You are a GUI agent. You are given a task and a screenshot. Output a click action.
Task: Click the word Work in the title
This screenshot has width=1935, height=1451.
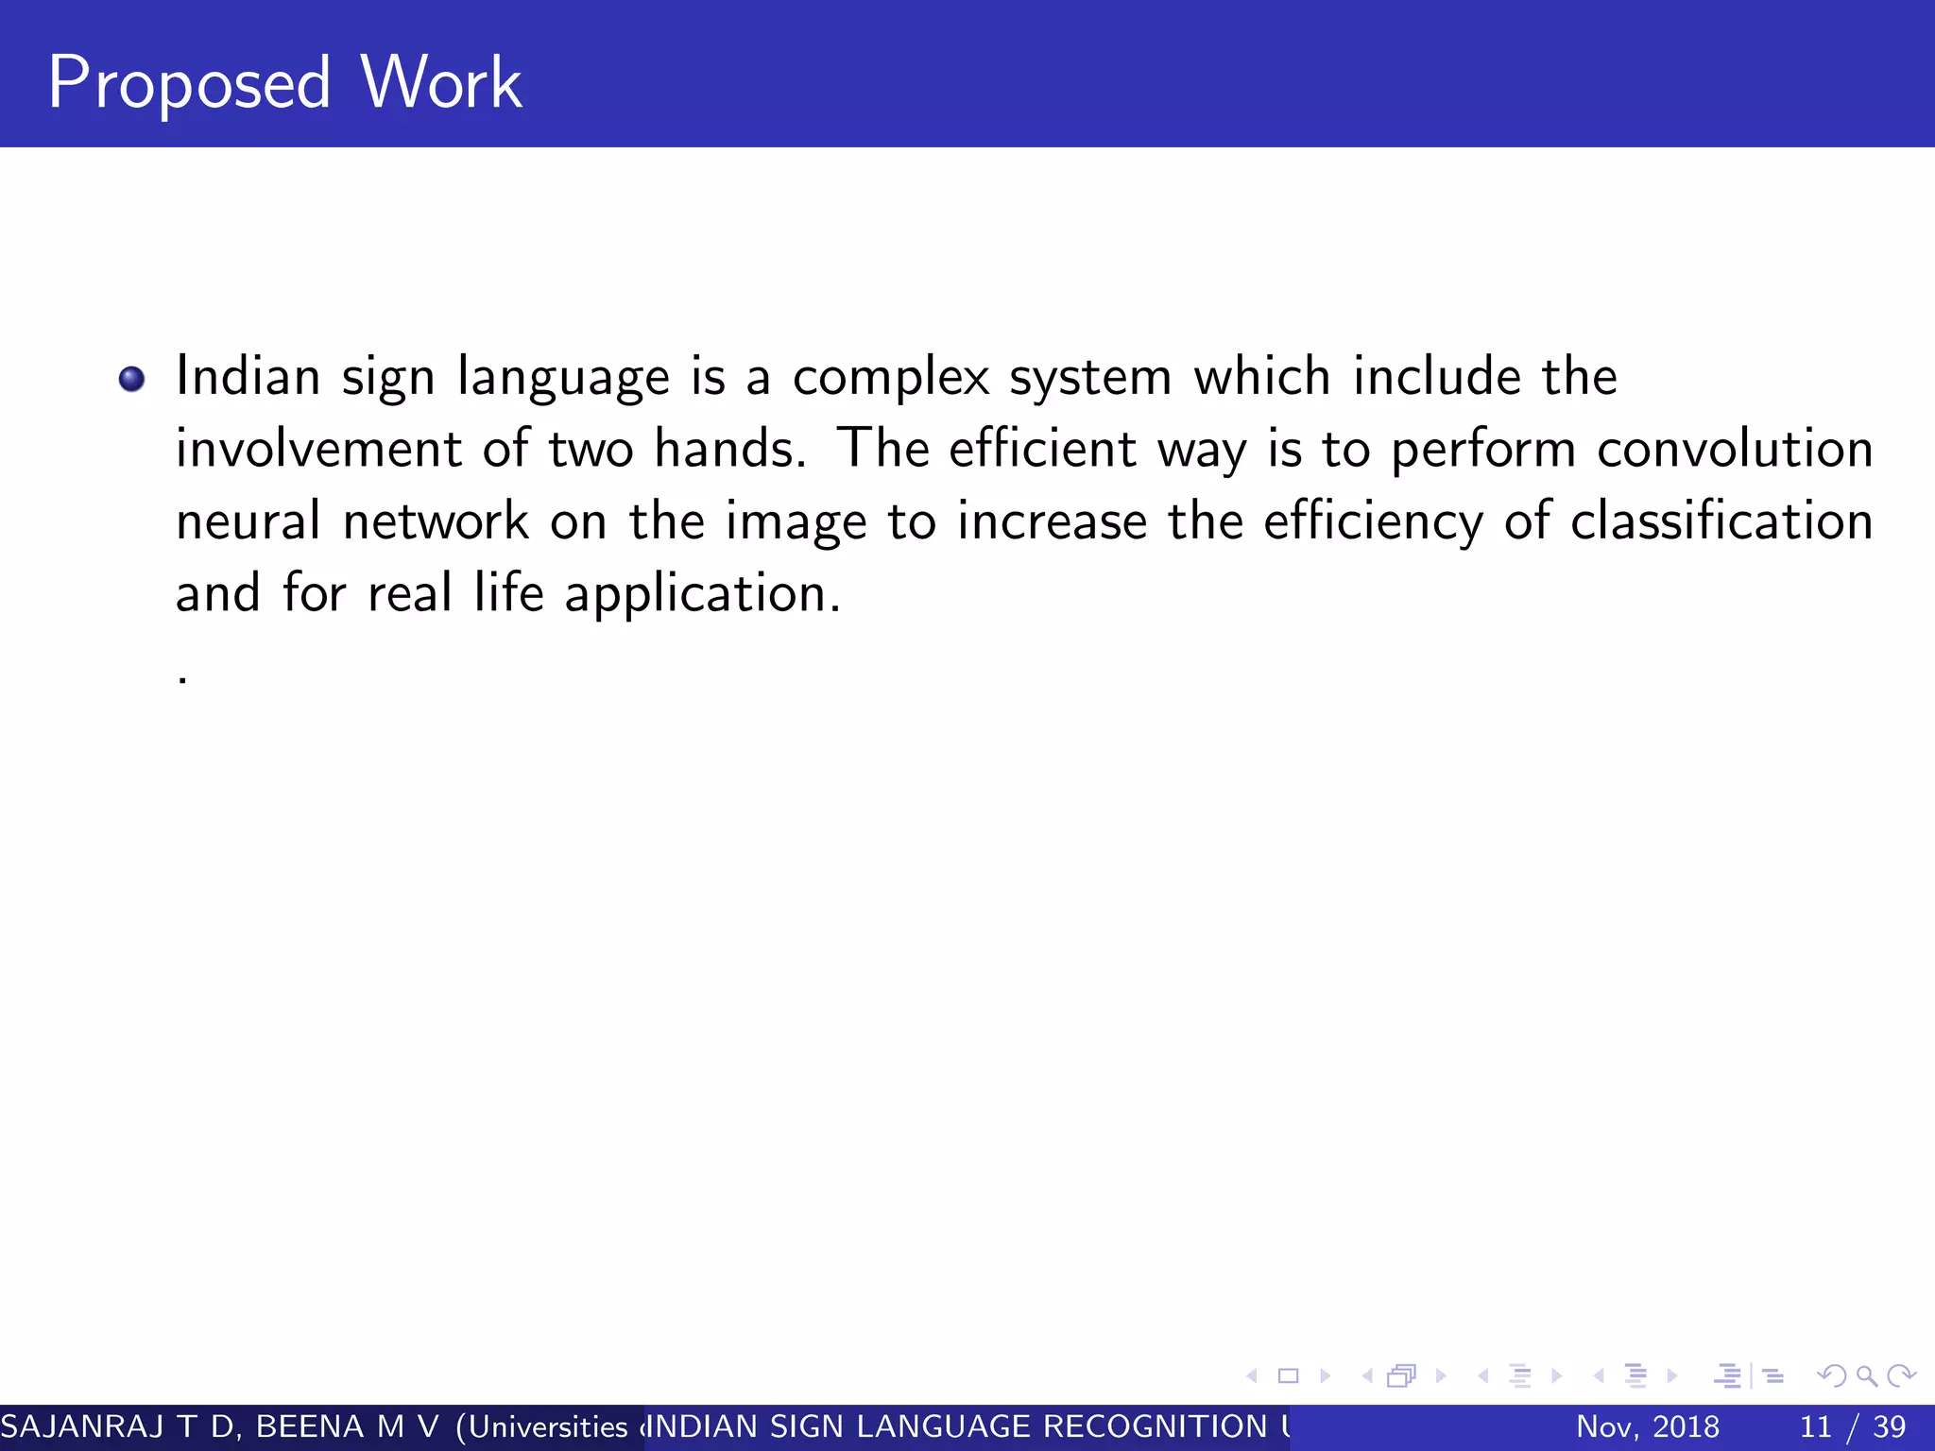441,83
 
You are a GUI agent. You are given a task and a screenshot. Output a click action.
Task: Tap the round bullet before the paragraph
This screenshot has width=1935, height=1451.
132,380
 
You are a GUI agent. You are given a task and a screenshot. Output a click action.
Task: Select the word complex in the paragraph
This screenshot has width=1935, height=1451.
890,378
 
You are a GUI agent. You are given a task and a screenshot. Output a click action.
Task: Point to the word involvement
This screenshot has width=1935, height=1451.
318,449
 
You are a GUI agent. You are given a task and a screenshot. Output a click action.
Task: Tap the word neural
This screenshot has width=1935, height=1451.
248,521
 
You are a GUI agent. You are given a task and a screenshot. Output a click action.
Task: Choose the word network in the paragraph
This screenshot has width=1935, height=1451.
436,521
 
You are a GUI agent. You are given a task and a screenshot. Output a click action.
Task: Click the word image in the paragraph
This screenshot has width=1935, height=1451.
796,523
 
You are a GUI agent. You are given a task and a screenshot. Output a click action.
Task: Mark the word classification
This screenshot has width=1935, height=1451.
1721,521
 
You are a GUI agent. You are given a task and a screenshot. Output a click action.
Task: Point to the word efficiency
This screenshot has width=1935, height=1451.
1373,523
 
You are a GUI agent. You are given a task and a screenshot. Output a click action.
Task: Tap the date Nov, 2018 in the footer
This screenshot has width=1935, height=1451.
1648,1426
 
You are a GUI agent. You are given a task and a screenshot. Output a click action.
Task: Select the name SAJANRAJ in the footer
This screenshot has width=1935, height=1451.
82,1426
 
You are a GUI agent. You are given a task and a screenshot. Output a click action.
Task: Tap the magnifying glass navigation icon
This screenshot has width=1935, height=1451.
1866,1376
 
